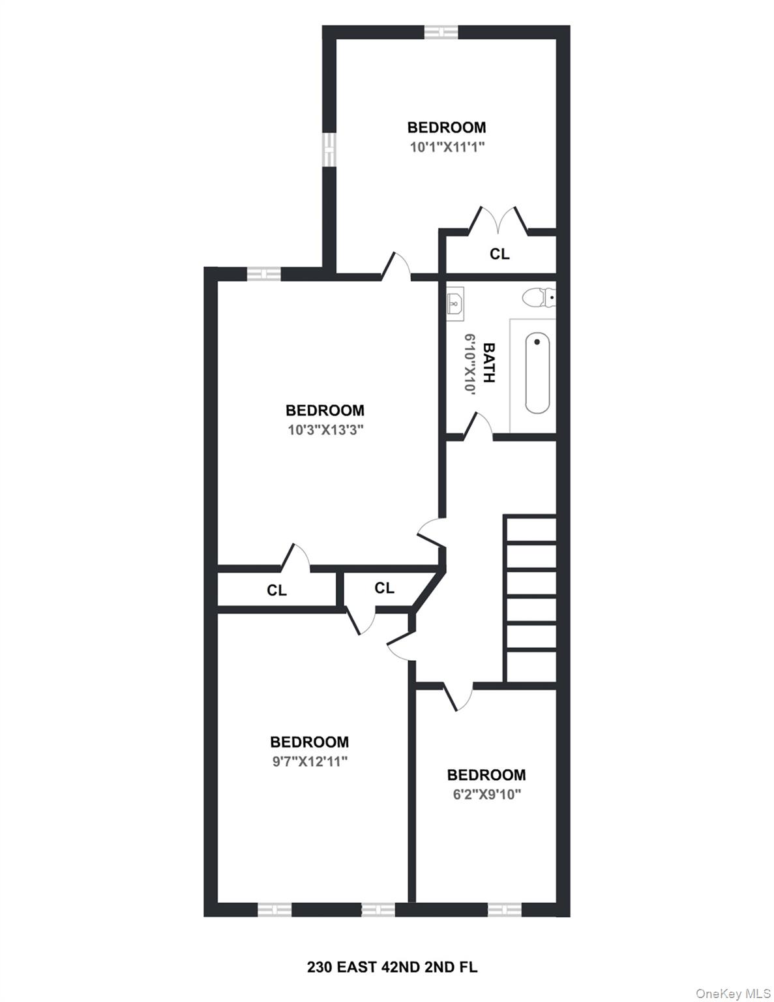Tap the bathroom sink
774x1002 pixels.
click(x=455, y=303)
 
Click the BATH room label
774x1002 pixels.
click(x=488, y=363)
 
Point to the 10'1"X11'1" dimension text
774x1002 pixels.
click(x=447, y=147)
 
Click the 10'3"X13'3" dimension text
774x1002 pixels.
click(x=325, y=430)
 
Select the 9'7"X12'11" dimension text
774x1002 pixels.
click(x=310, y=761)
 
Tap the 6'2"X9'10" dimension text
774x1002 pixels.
click(x=486, y=794)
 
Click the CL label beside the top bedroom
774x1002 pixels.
click(x=499, y=254)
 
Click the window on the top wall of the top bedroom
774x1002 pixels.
click(x=441, y=32)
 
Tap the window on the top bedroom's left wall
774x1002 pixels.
click(x=329, y=149)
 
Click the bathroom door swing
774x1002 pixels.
click(x=479, y=427)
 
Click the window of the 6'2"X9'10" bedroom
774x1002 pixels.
click(x=504, y=909)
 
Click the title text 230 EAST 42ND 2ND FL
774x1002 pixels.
click(x=392, y=967)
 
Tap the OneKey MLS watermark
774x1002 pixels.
click(x=733, y=994)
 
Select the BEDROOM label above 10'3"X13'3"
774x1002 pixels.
click(x=325, y=410)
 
